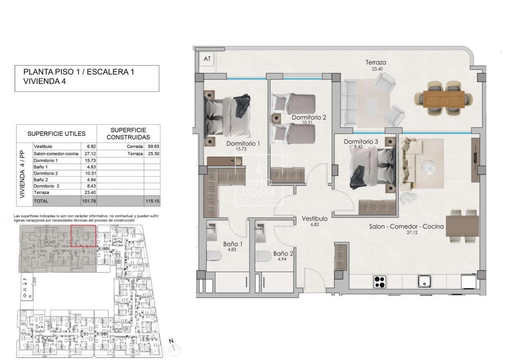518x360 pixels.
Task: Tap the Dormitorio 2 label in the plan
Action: point(309,117)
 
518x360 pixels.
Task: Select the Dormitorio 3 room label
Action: point(361,142)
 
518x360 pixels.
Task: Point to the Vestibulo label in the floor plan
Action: point(314,218)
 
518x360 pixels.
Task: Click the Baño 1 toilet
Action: point(213,255)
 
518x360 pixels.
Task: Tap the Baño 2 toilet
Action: point(262,255)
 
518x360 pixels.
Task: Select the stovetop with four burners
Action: point(380,281)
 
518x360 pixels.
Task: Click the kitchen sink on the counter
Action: point(424,281)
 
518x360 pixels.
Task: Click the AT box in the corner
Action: point(207,59)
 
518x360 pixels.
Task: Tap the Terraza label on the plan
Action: point(376,62)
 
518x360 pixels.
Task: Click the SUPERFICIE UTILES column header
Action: point(56,133)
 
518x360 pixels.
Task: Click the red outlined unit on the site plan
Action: point(83,236)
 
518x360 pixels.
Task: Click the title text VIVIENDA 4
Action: point(44,82)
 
